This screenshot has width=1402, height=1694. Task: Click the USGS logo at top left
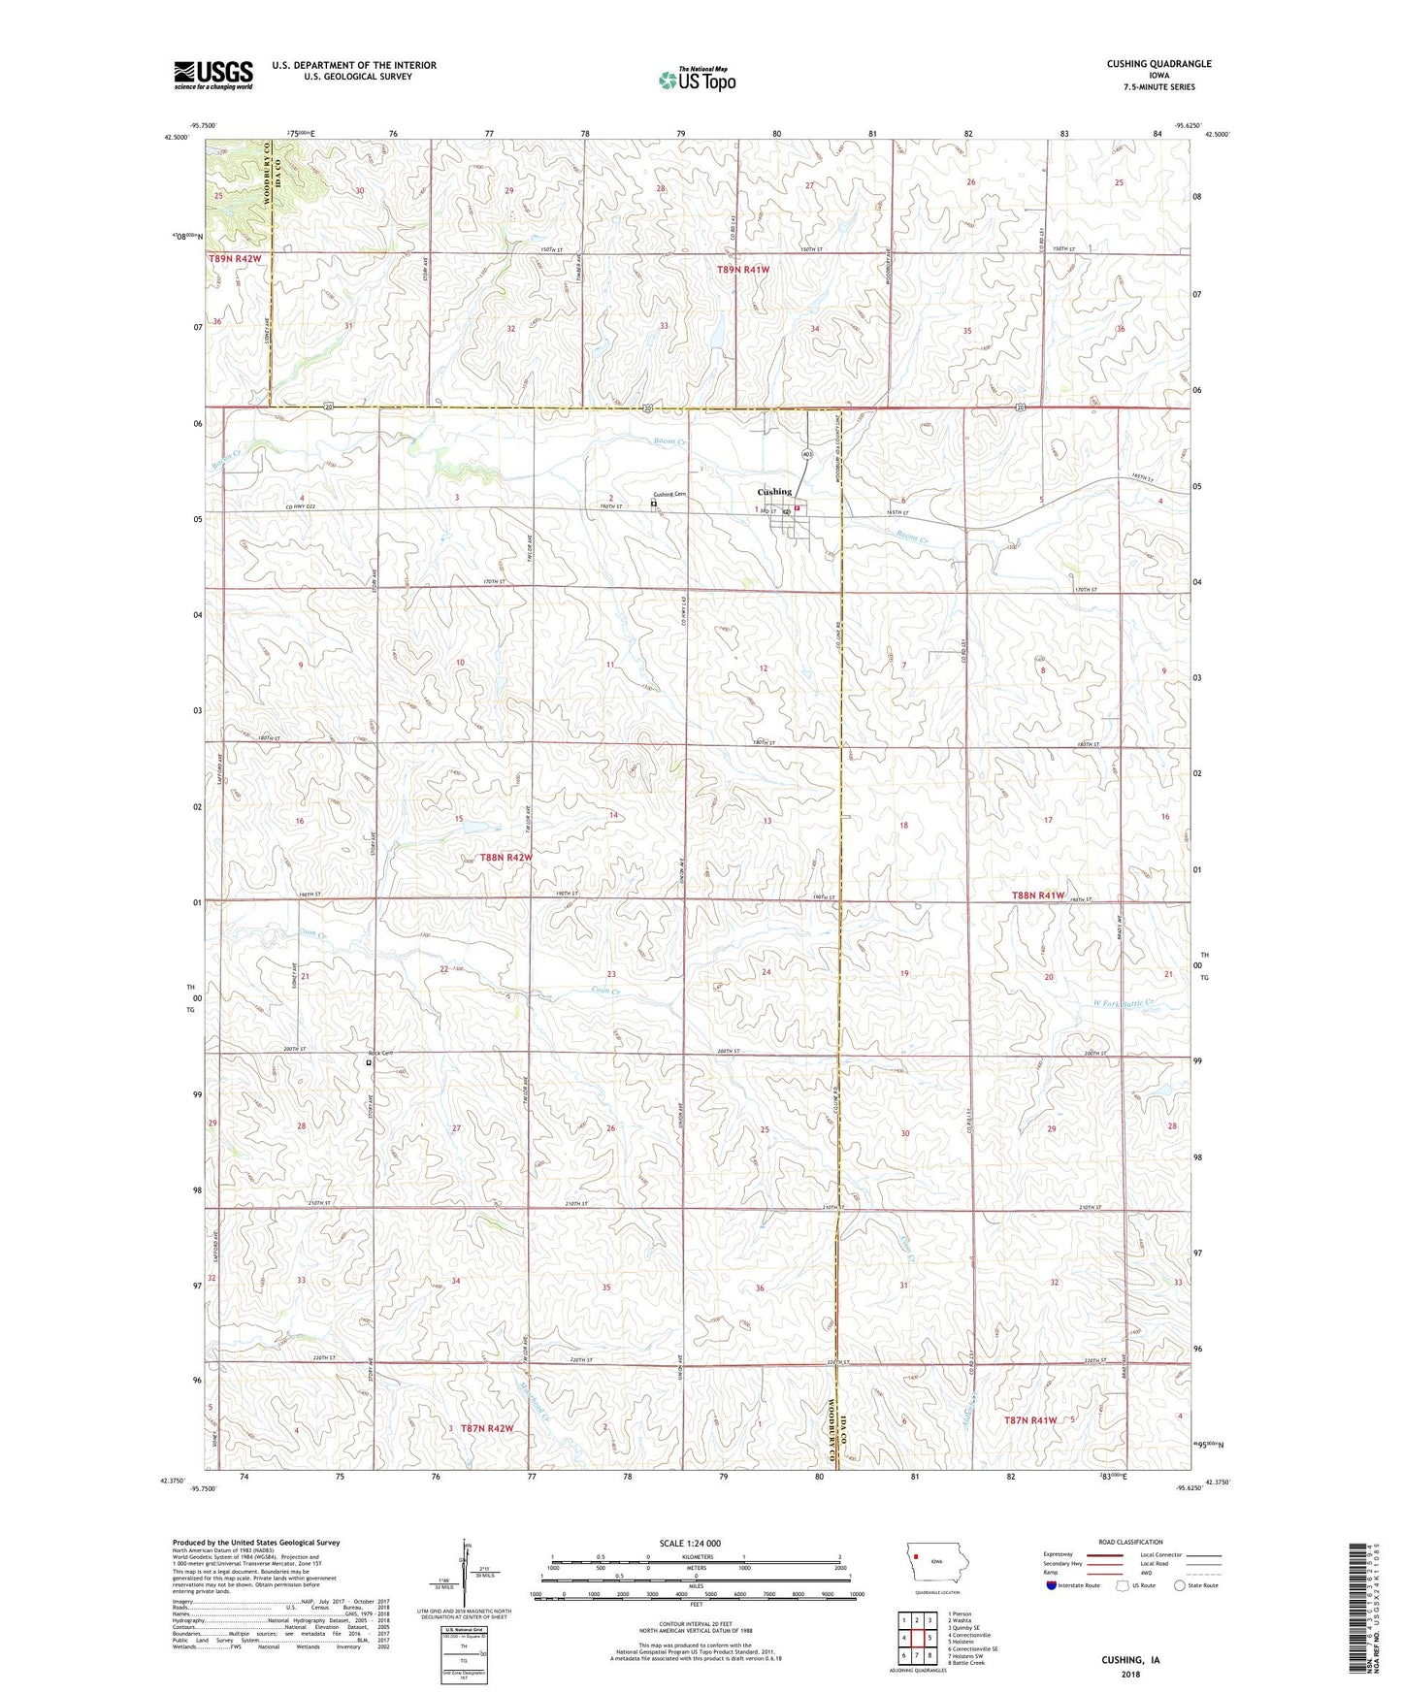tap(213, 74)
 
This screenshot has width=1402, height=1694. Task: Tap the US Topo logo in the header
tap(696, 81)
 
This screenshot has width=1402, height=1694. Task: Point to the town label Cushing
tap(774, 492)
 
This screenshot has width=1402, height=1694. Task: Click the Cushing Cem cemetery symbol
tap(654, 504)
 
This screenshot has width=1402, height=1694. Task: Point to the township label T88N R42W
tap(505, 858)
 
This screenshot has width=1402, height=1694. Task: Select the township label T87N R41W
tap(1029, 1420)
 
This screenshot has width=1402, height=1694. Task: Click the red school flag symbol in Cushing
tap(798, 506)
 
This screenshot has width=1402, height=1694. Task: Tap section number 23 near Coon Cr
tap(611, 974)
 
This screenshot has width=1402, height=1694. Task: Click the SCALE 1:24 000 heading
tap(690, 1543)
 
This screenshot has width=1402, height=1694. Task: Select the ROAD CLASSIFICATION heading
tap(1130, 1542)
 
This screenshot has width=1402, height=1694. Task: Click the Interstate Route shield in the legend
tap(1051, 1585)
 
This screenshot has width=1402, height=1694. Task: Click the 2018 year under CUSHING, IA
tap(1130, 1674)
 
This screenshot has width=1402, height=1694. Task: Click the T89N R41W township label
tap(743, 270)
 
